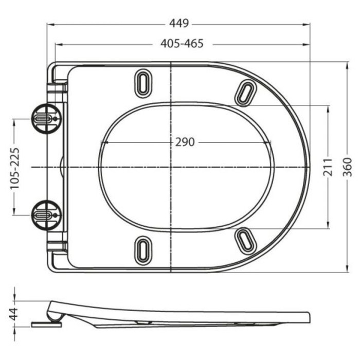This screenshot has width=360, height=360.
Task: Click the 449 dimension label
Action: pos(180,23)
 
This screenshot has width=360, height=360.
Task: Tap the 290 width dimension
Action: pos(185,142)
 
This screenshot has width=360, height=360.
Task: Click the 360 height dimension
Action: pos(348,167)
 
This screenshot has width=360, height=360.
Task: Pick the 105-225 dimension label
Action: pos(14,167)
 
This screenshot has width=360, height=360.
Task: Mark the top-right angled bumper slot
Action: pos(246,93)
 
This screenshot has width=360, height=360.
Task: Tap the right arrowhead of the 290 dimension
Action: pos(270,142)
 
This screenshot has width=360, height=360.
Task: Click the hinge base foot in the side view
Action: pos(47,324)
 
